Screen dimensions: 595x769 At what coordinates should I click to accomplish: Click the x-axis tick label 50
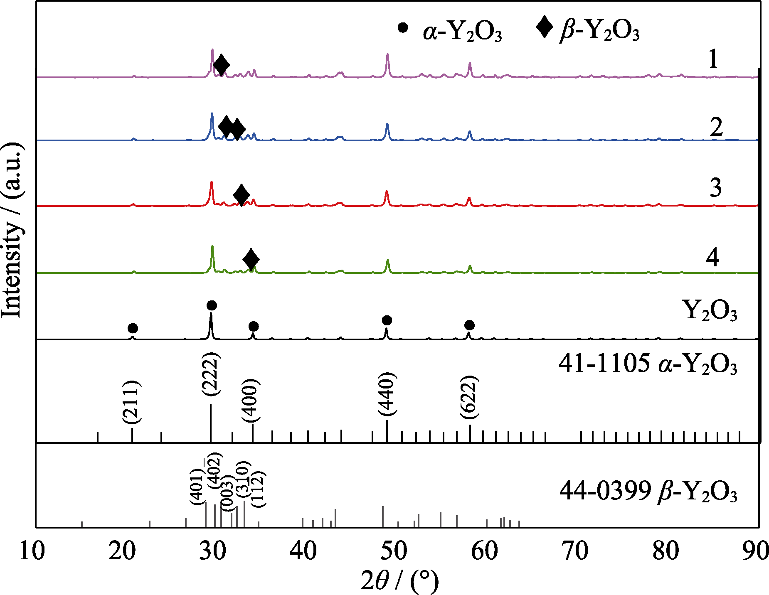[x=394, y=551]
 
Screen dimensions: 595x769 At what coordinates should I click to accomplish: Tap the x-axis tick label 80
[x=666, y=551]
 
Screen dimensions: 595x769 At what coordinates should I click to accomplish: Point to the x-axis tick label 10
[x=32, y=551]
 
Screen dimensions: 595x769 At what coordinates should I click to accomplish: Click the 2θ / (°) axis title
[x=399, y=580]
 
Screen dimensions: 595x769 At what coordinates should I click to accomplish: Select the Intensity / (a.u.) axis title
[x=12, y=231]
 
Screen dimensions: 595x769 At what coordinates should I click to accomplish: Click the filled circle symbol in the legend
[x=402, y=28]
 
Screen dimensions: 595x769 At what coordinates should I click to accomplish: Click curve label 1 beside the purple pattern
[x=713, y=59]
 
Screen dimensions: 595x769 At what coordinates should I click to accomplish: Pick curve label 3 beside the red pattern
[x=715, y=187]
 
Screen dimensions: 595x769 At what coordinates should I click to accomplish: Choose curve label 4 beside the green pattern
[x=713, y=257]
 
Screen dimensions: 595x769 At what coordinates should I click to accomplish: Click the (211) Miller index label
[x=132, y=402]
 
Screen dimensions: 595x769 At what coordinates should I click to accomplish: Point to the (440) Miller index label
[x=387, y=394]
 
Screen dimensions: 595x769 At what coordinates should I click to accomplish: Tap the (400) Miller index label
[x=251, y=400]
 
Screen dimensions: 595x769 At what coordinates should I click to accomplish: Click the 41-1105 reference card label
[x=648, y=364]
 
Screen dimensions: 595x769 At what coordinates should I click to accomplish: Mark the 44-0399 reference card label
[x=648, y=492]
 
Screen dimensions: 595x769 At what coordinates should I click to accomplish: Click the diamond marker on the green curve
[x=251, y=259]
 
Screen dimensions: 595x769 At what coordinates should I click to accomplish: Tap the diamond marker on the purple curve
[x=221, y=65]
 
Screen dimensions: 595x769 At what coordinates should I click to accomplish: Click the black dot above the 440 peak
[x=387, y=320]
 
